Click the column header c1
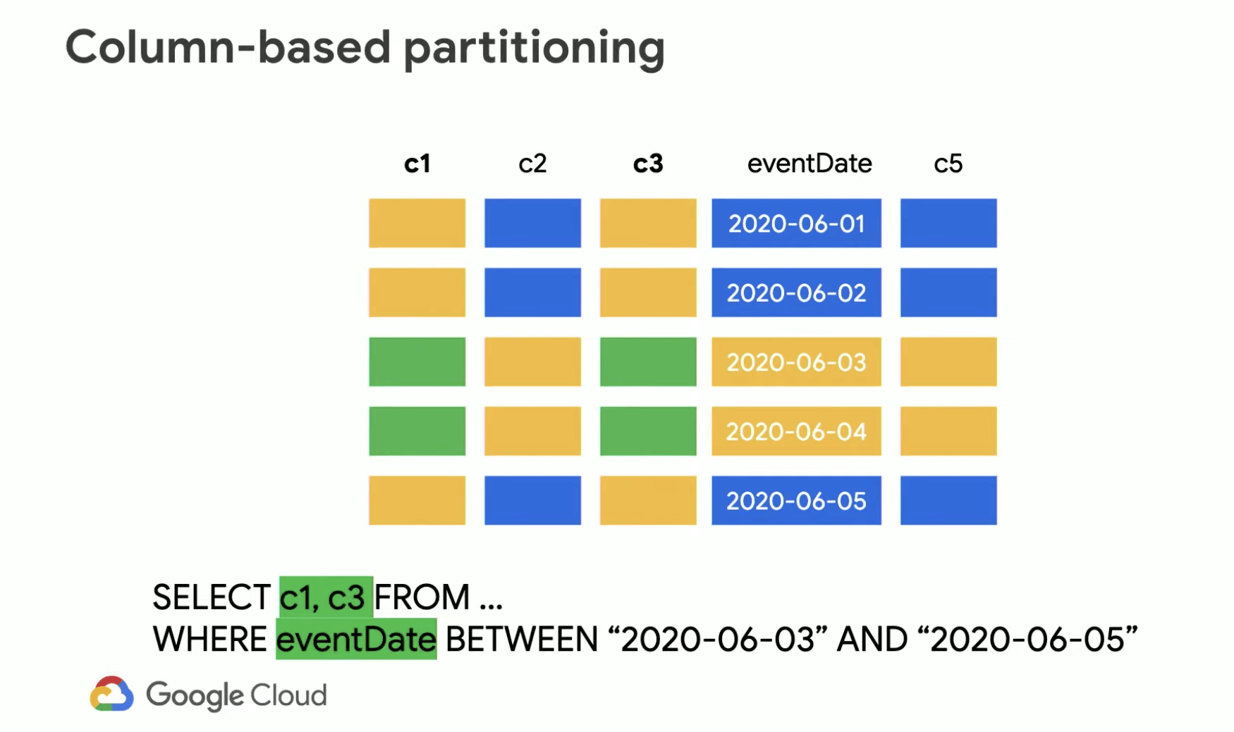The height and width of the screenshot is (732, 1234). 417,164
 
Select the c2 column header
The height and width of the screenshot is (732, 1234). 532,164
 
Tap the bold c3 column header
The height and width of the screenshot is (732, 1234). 648,164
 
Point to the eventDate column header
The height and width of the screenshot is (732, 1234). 809,164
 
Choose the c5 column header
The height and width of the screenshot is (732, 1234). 948,164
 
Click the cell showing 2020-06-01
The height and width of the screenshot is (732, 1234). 796,224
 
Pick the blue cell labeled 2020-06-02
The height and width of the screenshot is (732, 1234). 796,293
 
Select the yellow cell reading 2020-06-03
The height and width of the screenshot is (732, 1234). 796,362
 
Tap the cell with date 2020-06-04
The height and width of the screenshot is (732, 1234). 796,431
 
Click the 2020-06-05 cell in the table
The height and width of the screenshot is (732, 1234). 796,501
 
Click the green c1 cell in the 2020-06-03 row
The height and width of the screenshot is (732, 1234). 417,362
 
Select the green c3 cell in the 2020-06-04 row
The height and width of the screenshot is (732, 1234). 648,431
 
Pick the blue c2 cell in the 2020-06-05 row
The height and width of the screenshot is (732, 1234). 532,501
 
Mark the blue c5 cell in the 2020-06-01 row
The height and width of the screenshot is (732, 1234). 948,224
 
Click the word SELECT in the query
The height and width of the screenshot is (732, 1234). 211,598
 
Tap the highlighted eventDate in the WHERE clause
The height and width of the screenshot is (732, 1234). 356,640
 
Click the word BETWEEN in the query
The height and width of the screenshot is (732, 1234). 521,640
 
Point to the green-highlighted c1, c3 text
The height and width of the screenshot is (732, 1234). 325,598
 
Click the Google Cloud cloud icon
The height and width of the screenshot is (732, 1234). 111,695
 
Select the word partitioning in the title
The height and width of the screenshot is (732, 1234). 534,48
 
